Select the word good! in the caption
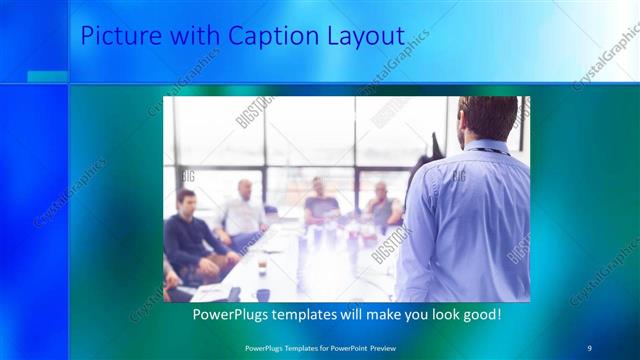coord(477,315)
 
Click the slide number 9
coord(590,347)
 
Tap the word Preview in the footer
coord(379,347)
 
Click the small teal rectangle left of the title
coord(47,77)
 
